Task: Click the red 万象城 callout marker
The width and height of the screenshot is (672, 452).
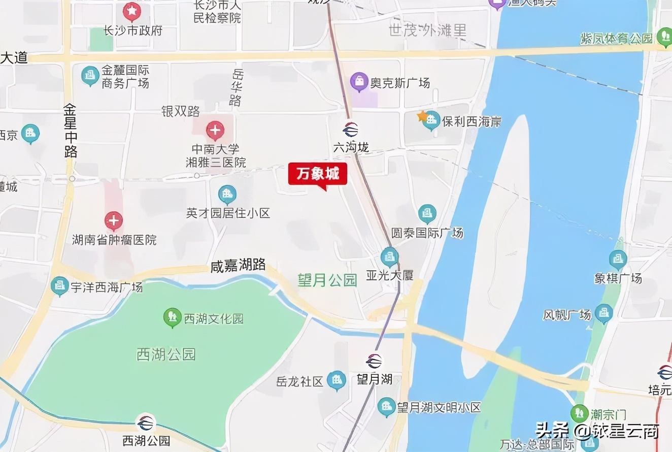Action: coord(318,175)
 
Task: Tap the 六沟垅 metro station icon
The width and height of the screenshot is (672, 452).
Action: coord(351,130)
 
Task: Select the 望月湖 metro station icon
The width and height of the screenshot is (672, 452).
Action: coord(375,361)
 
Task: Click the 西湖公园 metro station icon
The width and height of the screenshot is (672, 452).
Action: coord(146,423)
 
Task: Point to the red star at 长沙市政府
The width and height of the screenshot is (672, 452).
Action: coord(132,10)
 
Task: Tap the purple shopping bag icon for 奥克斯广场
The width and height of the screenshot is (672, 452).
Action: coord(359,81)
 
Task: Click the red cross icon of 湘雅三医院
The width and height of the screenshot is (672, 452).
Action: coord(215,131)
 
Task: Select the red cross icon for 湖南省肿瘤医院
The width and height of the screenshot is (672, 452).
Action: coord(114,221)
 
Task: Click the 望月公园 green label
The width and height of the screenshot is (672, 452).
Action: coord(327,280)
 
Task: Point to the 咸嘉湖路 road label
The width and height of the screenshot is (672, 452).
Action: coord(238,265)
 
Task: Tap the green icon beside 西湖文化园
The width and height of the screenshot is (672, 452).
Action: coord(173,317)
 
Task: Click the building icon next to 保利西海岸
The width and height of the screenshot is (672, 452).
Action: coord(432,120)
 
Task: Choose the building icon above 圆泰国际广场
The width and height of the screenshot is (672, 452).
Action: coord(427,213)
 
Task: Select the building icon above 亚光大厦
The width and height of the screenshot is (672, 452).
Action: coord(390,256)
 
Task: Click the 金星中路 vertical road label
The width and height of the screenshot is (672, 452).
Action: coord(70,131)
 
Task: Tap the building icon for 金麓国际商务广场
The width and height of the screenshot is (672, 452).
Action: coord(90,76)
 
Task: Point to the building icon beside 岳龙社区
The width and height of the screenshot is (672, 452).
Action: coord(336,380)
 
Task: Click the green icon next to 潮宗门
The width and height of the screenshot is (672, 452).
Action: coord(579,413)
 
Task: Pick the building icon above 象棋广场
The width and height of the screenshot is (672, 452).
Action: coord(618,260)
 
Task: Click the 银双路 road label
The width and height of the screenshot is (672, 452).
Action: coord(181,111)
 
